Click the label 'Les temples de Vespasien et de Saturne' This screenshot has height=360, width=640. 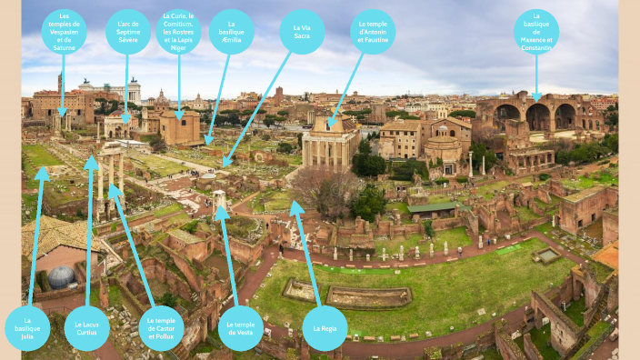click(64, 32)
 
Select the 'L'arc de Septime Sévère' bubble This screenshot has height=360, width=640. click(128, 33)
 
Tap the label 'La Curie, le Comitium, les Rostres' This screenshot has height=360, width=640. click(179, 32)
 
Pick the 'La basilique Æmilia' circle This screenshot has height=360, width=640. click(232, 32)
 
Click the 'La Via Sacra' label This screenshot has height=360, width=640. click(302, 32)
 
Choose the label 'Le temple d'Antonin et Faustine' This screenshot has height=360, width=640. click(373, 32)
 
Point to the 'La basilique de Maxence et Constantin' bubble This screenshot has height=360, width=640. click(536, 32)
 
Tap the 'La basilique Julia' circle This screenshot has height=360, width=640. click(27, 327)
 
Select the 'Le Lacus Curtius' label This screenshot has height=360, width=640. click(87, 327)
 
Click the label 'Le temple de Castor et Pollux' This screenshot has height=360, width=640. click(161, 327)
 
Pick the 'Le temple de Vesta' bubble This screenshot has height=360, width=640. click(240, 327)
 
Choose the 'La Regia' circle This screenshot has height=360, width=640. click(325, 327)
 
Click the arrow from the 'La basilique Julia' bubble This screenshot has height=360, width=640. click(35, 236)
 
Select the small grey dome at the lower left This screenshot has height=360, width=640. click(61, 277)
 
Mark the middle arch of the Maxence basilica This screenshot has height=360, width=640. click(538, 116)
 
